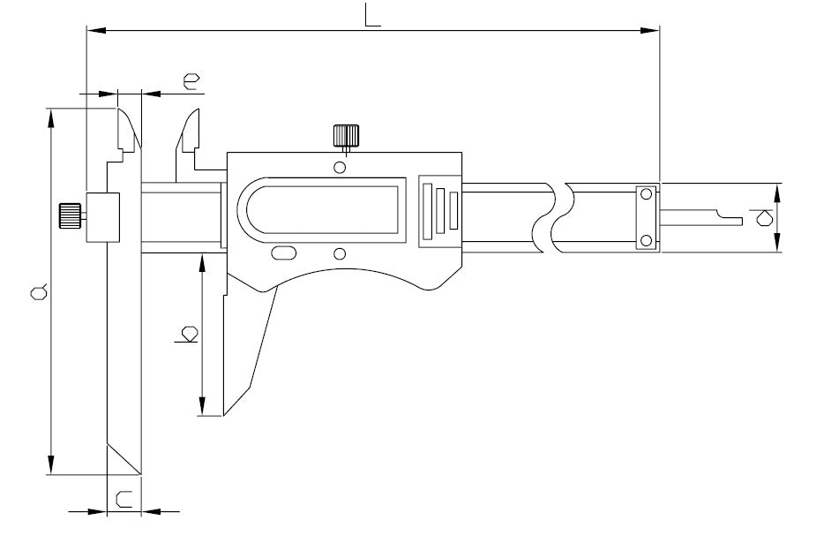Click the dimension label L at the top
click(x=372, y=16)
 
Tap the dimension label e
click(x=191, y=81)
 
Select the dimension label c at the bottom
click(x=124, y=500)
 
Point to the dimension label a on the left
click(x=39, y=292)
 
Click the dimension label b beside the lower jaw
click(x=187, y=335)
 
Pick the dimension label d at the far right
click(x=764, y=217)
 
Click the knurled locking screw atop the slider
click(x=346, y=136)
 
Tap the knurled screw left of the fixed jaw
click(x=70, y=215)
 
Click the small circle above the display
click(x=340, y=168)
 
